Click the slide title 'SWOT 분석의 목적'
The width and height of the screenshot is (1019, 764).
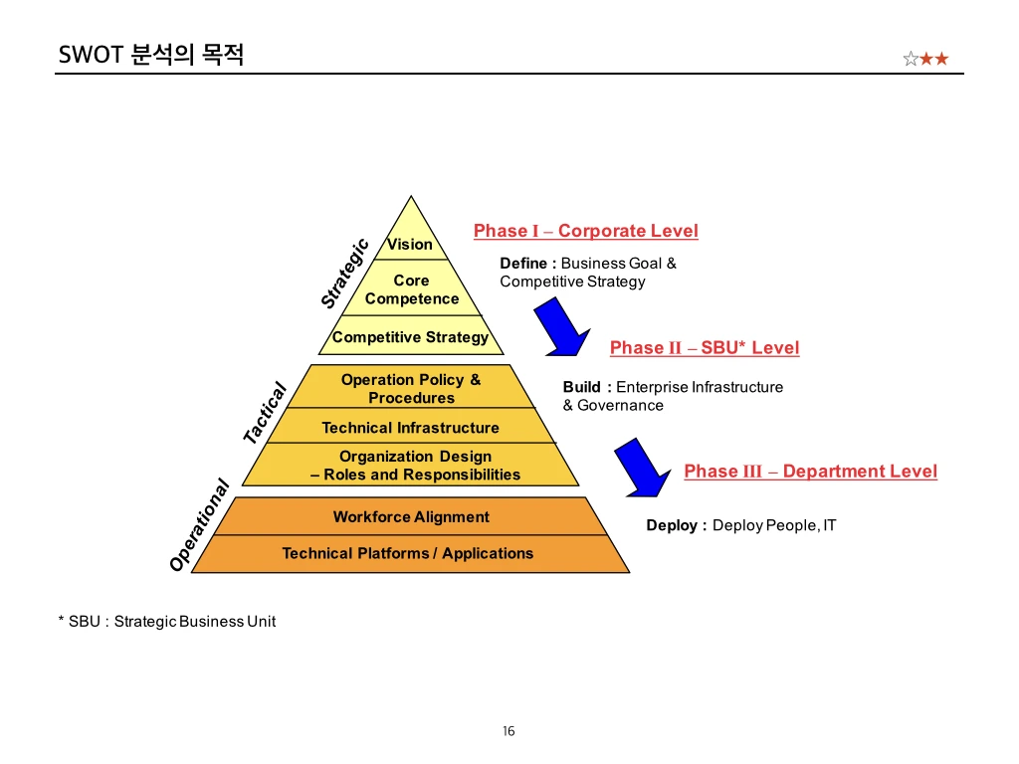(151, 54)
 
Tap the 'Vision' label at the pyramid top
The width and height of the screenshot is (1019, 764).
(410, 244)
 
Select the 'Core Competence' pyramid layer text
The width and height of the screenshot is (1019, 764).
(411, 289)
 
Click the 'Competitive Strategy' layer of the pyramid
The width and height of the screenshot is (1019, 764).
(410, 337)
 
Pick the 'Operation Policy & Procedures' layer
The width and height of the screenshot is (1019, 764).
(411, 388)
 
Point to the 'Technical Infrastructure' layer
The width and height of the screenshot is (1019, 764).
(410, 428)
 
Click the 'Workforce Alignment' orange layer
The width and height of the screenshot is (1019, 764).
(411, 516)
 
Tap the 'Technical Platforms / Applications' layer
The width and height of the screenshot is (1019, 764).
(408, 553)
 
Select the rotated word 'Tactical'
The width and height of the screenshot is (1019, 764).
(265, 413)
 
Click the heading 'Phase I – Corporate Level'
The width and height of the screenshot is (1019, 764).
(585, 231)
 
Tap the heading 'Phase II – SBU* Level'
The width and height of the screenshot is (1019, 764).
(704, 347)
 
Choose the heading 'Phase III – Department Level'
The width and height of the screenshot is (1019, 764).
(810, 471)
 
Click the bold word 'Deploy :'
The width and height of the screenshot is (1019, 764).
(676, 525)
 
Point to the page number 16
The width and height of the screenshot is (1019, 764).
(509, 731)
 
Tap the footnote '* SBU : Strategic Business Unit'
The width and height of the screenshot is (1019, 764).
(167, 621)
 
